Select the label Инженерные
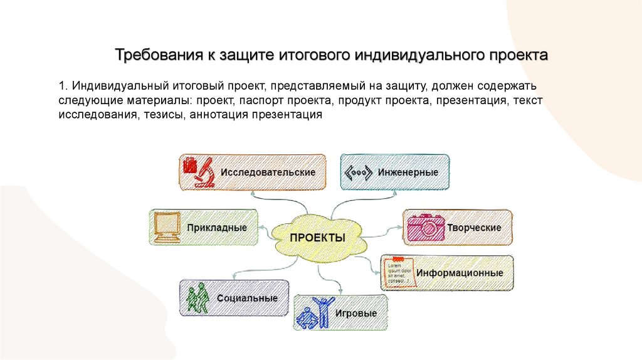coord(408,172)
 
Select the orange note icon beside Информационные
coord(398,272)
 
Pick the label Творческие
coord(474,228)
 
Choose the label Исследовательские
coord(268,172)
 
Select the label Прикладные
coord(216,228)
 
